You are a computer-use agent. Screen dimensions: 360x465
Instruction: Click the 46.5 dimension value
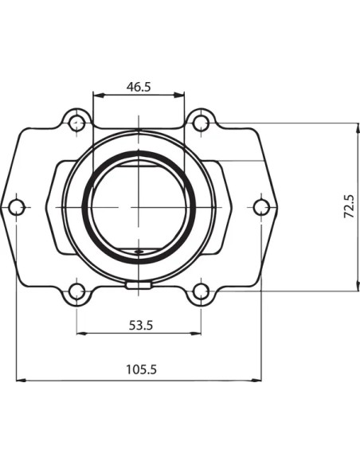[x=139, y=87]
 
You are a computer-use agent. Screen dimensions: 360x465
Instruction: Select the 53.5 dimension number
[x=141, y=326]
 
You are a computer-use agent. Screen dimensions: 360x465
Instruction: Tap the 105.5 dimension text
[x=141, y=369]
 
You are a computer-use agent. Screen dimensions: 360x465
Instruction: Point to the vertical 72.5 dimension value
[x=349, y=207]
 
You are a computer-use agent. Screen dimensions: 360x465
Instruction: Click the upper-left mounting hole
[x=76, y=123]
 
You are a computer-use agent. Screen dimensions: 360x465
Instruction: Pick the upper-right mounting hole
[x=201, y=123]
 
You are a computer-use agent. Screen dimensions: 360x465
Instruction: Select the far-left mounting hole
[x=16, y=207]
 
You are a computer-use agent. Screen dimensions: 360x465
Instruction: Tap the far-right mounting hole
[x=261, y=207]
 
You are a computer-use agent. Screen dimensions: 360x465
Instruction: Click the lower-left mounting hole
[x=76, y=291]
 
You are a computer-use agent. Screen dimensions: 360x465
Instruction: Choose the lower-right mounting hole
[x=201, y=291]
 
